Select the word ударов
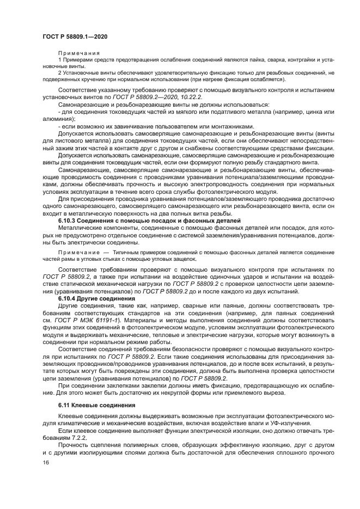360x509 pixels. (x=234, y=278)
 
